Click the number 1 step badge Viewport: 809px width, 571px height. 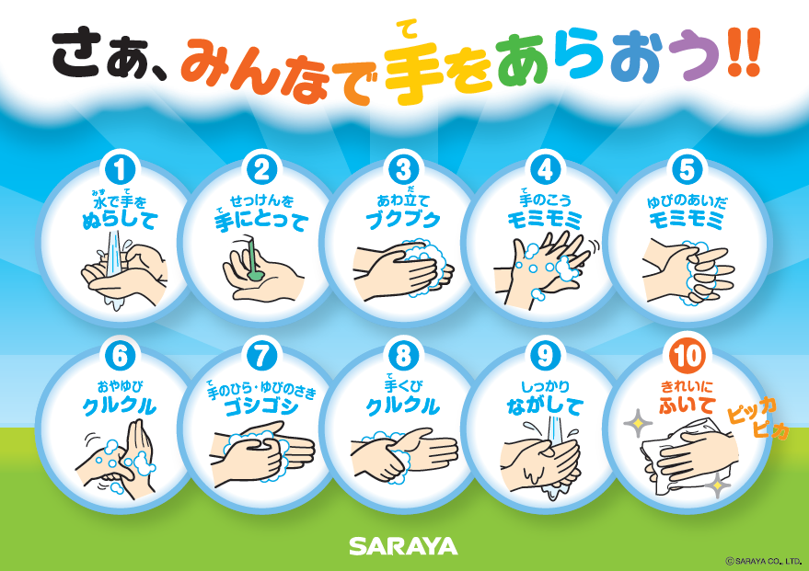tap(120, 170)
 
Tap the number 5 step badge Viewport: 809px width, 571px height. tap(687, 170)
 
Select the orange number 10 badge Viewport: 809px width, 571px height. tap(687, 356)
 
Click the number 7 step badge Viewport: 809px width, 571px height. tap(261, 356)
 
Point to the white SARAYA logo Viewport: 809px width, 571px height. tap(403, 546)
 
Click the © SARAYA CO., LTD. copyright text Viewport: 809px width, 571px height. tap(763, 561)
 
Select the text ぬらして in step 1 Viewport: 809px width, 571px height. tap(120, 221)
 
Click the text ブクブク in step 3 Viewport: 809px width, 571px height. tap(403, 220)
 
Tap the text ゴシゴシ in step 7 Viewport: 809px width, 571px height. tap(261, 407)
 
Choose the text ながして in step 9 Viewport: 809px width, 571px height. tap(545, 406)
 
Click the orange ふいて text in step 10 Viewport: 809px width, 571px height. tap(687, 405)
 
